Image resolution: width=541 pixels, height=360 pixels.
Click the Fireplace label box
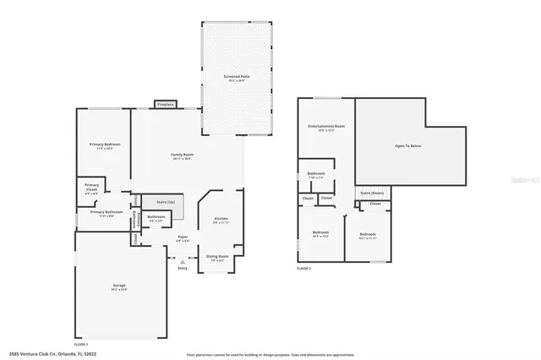tap(165, 104)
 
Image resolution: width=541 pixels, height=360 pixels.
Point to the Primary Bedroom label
tap(105, 145)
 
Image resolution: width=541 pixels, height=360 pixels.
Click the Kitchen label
tap(221, 219)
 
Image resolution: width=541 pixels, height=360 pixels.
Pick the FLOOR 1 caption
tap(81, 344)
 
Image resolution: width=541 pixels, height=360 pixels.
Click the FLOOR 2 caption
tap(303, 268)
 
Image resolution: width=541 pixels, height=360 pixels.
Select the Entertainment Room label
tap(326, 127)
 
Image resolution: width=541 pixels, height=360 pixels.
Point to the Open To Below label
tap(410, 145)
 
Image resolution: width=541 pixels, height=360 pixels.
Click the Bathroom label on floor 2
tap(316, 175)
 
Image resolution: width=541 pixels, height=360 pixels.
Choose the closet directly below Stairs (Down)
tap(375, 204)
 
